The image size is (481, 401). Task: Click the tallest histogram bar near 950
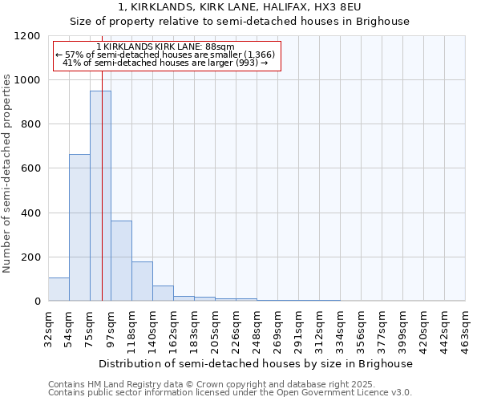click(100, 196)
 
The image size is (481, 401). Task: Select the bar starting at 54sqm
click(79, 228)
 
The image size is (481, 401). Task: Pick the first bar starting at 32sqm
click(59, 289)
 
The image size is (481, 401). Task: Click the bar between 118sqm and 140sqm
click(142, 282)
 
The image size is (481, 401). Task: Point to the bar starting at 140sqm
click(163, 294)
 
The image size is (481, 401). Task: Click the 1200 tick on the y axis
click(28, 36)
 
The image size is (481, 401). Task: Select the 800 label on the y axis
click(31, 124)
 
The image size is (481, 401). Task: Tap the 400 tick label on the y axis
click(31, 213)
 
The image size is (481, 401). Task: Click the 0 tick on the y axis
click(38, 301)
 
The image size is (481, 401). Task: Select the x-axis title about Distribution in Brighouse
click(257, 363)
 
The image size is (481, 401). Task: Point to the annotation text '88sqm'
click(220, 47)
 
